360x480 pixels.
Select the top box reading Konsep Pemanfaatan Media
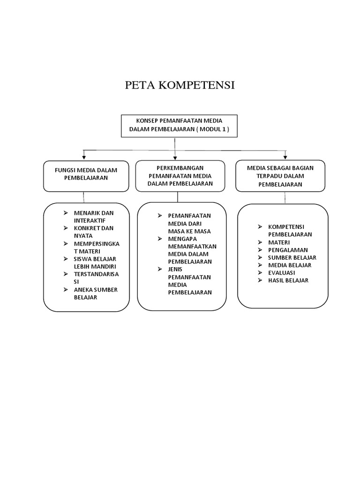179,126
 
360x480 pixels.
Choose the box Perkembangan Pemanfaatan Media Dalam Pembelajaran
180,176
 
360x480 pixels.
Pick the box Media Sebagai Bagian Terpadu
280,176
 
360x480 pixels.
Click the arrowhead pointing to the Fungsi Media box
84,157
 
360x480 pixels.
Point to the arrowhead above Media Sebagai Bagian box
285,157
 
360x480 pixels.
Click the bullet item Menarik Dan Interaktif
94,217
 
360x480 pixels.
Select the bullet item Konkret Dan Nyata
94,232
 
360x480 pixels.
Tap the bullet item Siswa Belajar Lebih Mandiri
95,262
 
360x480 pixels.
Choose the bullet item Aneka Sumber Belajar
96,293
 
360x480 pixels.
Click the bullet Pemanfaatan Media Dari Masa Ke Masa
189,223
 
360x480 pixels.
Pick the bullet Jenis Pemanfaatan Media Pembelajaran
189,281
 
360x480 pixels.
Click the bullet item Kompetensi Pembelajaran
290,231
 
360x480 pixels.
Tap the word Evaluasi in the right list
281,273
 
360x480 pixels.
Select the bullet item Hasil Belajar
288,280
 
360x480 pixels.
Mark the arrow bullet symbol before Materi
260,242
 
